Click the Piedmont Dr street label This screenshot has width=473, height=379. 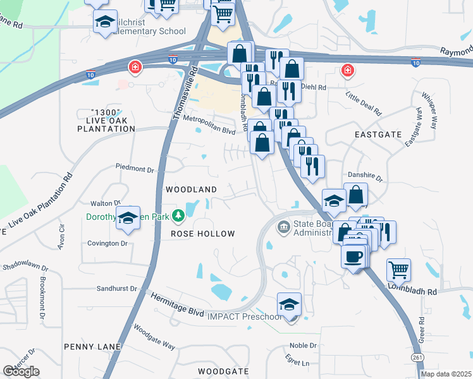click(x=135, y=169)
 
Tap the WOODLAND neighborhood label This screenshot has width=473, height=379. click(x=191, y=189)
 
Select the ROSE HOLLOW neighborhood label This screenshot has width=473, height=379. click(x=203, y=234)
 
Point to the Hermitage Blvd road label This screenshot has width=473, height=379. click(x=178, y=303)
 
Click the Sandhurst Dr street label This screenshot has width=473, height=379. click(x=116, y=289)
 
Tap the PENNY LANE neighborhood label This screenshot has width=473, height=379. click(x=88, y=347)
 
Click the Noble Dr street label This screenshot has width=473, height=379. click(x=302, y=346)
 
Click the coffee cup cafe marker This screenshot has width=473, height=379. click(x=354, y=256)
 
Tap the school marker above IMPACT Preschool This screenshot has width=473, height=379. click(x=290, y=304)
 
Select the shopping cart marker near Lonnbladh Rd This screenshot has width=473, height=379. click(x=399, y=270)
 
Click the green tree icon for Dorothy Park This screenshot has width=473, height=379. click(x=179, y=217)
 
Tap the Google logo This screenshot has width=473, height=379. click(x=21, y=371)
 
